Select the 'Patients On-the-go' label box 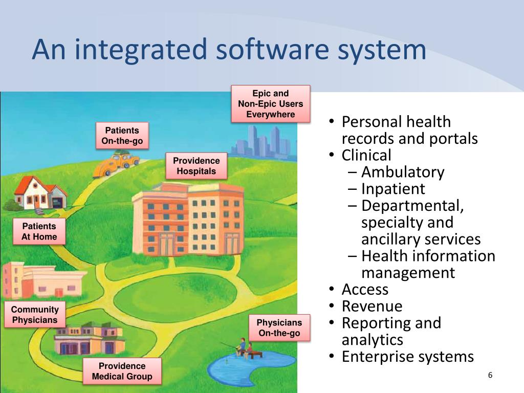[122, 136]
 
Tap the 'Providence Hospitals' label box [196, 166]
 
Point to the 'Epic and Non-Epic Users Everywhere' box [271, 104]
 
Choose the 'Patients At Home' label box [39, 232]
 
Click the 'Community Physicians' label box [35, 315]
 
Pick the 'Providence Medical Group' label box [122, 372]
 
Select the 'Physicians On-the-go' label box [279, 328]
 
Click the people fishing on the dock [245, 348]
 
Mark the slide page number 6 [490, 376]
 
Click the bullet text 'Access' [365, 290]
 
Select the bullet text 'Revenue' [372, 307]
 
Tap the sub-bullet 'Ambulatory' [403, 172]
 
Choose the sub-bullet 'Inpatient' [393, 189]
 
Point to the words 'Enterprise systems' [408, 357]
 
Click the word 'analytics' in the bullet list [373, 340]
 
